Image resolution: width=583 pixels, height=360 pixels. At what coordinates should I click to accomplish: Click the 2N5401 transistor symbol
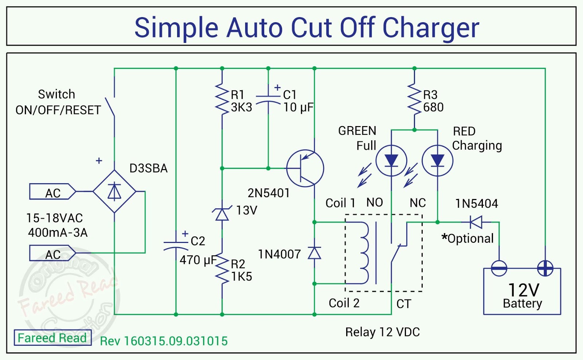(x=305, y=168)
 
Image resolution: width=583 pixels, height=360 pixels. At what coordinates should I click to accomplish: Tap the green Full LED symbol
(x=391, y=161)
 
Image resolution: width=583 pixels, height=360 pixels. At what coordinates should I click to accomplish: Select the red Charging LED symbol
(x=437, y=161)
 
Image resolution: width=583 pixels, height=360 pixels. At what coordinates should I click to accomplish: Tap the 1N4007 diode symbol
(x=314, y=253)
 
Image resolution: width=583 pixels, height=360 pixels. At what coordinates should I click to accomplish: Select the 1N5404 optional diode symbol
(x=476, y=222)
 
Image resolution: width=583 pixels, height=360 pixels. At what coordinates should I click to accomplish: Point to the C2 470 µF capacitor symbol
(x=176, y=245)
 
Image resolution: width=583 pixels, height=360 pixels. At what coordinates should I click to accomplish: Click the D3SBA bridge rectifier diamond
(x=114, y=191)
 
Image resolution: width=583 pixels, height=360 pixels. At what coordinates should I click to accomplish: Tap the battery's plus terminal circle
(x=545, y=269)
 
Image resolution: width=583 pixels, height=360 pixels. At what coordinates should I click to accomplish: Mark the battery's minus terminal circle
(x=499, y=269)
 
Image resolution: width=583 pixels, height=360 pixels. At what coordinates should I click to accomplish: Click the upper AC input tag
(x=52, y=192)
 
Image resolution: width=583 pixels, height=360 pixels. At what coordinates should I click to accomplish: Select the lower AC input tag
(x=52, y=253)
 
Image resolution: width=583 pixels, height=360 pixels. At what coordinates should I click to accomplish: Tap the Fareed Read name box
(x=52, y=338)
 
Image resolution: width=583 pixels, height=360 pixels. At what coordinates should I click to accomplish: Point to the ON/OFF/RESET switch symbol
(x=110, y=107)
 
